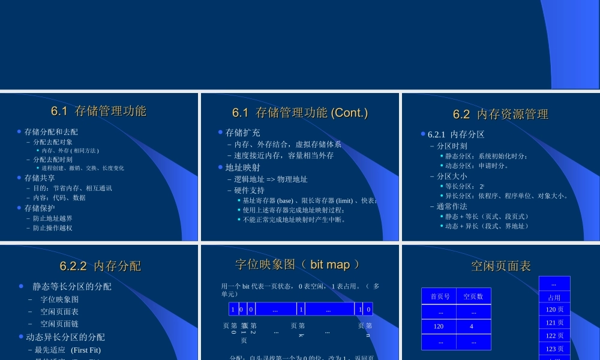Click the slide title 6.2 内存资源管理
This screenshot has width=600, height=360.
[500, 115]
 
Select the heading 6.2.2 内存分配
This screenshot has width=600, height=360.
[100, 266]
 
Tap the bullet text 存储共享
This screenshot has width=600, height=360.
[40, 178]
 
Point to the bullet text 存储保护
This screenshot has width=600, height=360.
[40, 208]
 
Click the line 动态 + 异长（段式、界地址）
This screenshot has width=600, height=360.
[487, 226]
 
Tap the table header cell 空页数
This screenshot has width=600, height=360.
[473, 296]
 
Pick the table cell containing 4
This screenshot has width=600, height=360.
[472, 326]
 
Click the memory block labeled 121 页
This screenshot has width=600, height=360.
[554, 323]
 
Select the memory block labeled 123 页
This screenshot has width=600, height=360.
[554, 349]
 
